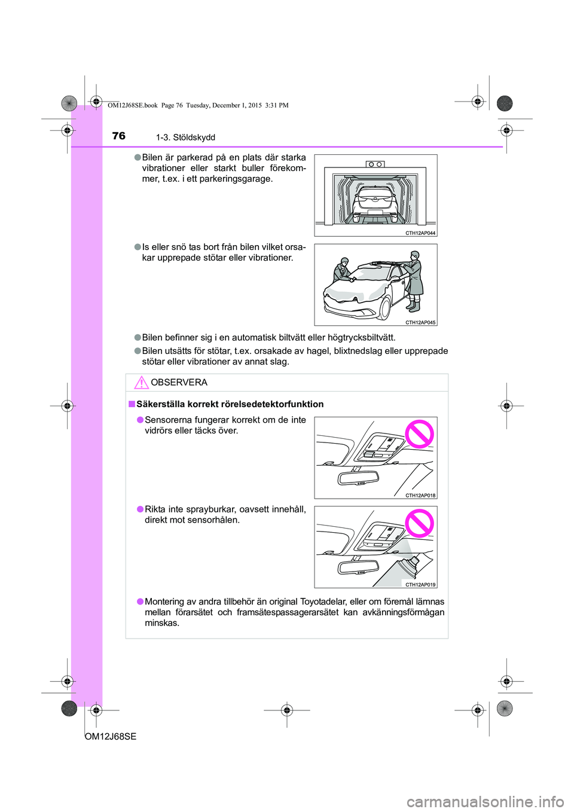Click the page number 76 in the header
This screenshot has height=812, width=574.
(x=119, y=136)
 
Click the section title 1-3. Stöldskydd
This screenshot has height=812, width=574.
(x=185, y=138)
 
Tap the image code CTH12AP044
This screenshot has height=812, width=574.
(x=420, y=233)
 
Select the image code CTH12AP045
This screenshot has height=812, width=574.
(x=420, y=322)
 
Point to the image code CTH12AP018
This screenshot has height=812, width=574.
(x=420, y=495)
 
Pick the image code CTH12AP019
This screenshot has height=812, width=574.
(x=420, y=585)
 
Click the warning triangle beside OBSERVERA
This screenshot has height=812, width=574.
(x=141, y=383)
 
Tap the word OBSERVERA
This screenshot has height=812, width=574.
(x=179, y=383)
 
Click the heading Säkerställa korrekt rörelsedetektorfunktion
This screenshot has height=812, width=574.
(x=230, y=404)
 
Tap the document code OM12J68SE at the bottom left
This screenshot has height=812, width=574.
(x=111, y=737)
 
